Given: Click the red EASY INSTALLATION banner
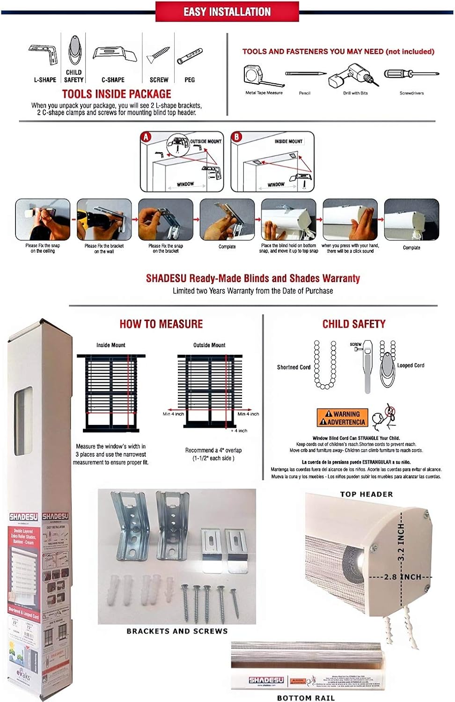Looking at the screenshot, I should point(227,12).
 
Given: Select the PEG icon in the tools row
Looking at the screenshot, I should point(190,56).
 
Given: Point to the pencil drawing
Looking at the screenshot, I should point(306,74).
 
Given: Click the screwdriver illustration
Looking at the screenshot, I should point(411,74).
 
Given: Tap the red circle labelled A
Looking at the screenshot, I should point(147,137).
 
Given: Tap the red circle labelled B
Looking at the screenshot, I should point(237,137).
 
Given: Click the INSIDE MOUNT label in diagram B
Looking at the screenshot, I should point(288,141).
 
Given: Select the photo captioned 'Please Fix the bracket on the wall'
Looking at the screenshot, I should point(104,219).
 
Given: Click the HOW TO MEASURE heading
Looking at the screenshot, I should point(161,324).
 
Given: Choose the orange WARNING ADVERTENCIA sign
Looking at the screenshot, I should point(342,418).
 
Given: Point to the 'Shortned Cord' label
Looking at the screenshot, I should point(294,367).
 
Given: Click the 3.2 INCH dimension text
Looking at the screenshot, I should point(401,542).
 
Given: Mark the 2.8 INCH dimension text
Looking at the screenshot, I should point(403,577).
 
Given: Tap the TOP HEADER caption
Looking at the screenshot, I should point(367,494).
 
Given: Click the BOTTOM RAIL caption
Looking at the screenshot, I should point(306,698).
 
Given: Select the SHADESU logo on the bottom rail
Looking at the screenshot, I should point(266,680).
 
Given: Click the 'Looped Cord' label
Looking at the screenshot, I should point(411,366).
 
